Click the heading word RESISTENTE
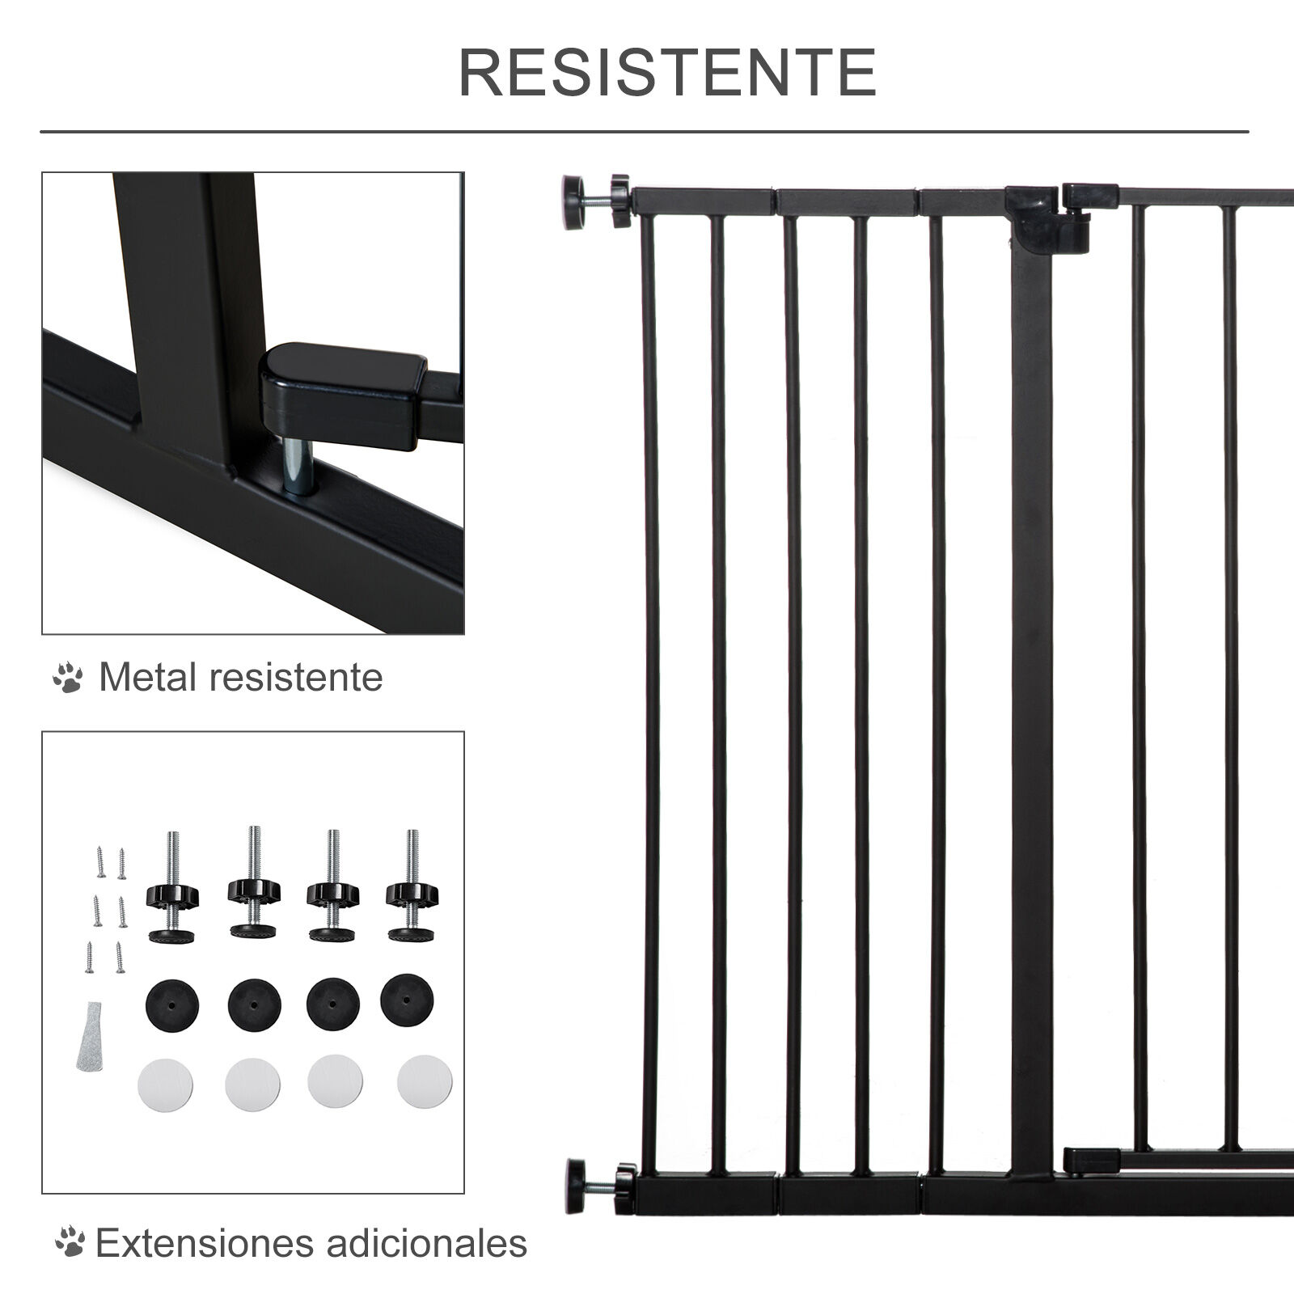click(x=668, y=73)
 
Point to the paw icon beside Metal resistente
click(x=68, y=678)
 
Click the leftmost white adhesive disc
click(x=165, y=1082)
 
